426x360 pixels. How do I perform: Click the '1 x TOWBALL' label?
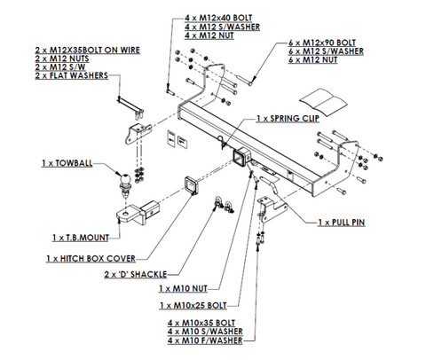click(x=67, y=163)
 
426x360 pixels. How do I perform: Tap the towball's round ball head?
click(x=125, y=178)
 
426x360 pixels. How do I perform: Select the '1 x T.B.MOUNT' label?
click(x=81, y=238)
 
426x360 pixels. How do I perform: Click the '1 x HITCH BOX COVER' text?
click(x=91, y=259)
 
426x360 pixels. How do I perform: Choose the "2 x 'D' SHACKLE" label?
click(x=136, y=274)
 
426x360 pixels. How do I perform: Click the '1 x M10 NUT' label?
click(x=183, y=288)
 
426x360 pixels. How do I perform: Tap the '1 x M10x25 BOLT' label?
click(x=193, y=305)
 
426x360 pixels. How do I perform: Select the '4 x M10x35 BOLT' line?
click(x=201, y=323)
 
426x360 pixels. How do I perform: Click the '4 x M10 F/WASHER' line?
click(x=205, y=340)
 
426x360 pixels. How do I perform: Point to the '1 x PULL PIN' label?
click(x=342, y=223)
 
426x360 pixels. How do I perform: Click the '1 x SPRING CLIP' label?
click(x=288, y=119)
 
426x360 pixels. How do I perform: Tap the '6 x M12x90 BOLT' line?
click(x=322, y=43)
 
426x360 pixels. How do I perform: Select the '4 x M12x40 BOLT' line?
click(x=218, y=18)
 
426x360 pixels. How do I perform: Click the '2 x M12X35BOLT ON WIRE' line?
click(x=88, y=50)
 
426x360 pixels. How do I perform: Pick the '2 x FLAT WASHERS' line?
click(x=72, y=75)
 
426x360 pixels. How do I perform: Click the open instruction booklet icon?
click(x=323, y=101)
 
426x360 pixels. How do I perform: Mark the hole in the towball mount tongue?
click(x=126, y=213)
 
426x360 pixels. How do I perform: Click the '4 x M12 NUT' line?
click(x=209, y=35)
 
